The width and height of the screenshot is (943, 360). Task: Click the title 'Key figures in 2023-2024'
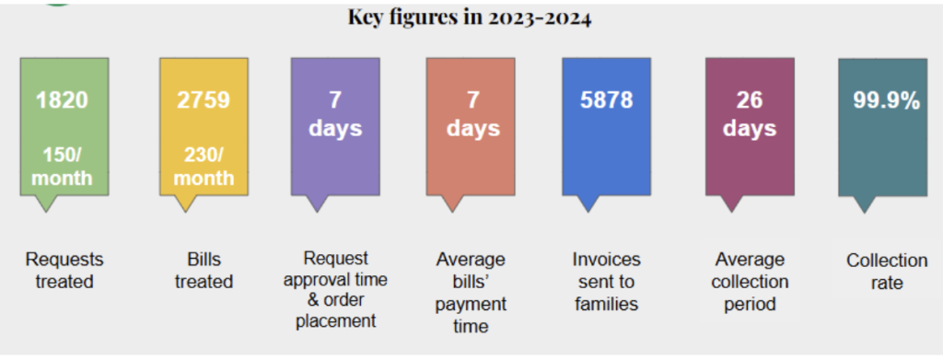[x=470, y=17]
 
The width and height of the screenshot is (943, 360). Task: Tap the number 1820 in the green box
[x=62, y=100]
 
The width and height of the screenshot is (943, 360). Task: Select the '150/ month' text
[x=62, y=167]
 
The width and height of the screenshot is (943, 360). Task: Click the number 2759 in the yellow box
[x=204, y=100]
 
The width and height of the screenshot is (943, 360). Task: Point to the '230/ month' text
[x=204, y=167]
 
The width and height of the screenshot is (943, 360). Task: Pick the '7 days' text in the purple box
[x=335, y=114]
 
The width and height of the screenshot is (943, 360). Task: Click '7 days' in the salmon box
[x=473, y=114]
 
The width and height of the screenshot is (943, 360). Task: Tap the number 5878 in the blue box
[x=606, y=100]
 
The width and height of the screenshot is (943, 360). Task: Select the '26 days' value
[x=750, y=114]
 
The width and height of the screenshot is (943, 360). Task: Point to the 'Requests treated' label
[x=64, y=271]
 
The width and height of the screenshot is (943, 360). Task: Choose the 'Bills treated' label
[x=204, y=271]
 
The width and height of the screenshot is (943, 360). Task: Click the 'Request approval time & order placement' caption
[x=335, y=290]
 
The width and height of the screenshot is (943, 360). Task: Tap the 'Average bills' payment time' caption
[x=471, y=293]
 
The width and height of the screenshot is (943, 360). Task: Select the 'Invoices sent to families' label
[x=606, y=282]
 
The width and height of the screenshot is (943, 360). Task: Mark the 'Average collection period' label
[x=750, y=282]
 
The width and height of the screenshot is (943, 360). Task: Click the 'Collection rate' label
[x=887, y=272]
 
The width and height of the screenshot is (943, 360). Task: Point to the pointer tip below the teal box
[x=864, y=213]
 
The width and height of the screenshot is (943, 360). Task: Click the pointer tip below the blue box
[x=587, y=212]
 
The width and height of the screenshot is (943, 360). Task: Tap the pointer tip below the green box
[x=45, y=212]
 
